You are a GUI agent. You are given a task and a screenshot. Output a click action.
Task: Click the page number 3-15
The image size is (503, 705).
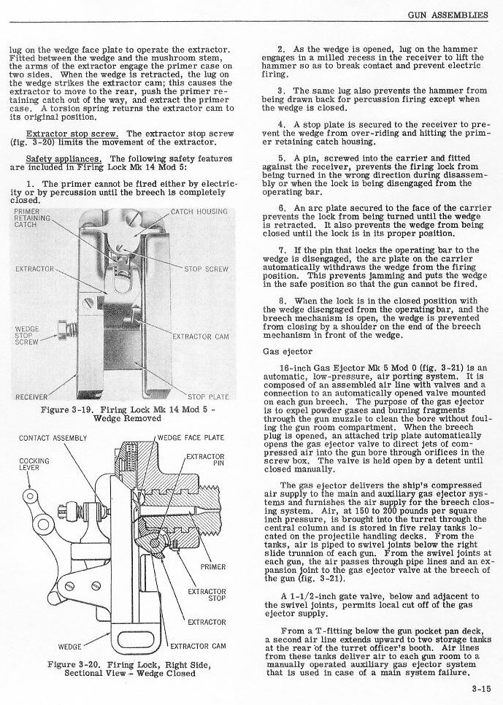[480, 687]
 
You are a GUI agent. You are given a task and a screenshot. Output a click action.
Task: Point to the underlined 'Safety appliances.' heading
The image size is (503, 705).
[63, 158]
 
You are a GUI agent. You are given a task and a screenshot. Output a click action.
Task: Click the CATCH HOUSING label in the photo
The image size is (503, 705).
[199, 212]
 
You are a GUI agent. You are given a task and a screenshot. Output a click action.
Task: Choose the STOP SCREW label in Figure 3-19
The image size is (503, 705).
[206, 269]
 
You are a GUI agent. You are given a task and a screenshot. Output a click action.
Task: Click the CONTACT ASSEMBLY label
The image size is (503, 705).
[53, 438]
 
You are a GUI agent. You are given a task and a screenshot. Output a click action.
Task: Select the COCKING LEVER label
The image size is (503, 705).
[34, 465]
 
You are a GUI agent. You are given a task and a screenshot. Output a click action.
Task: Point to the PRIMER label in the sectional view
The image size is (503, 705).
[213, 566]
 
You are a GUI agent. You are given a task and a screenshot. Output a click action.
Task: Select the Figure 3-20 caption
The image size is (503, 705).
[128, 669]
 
